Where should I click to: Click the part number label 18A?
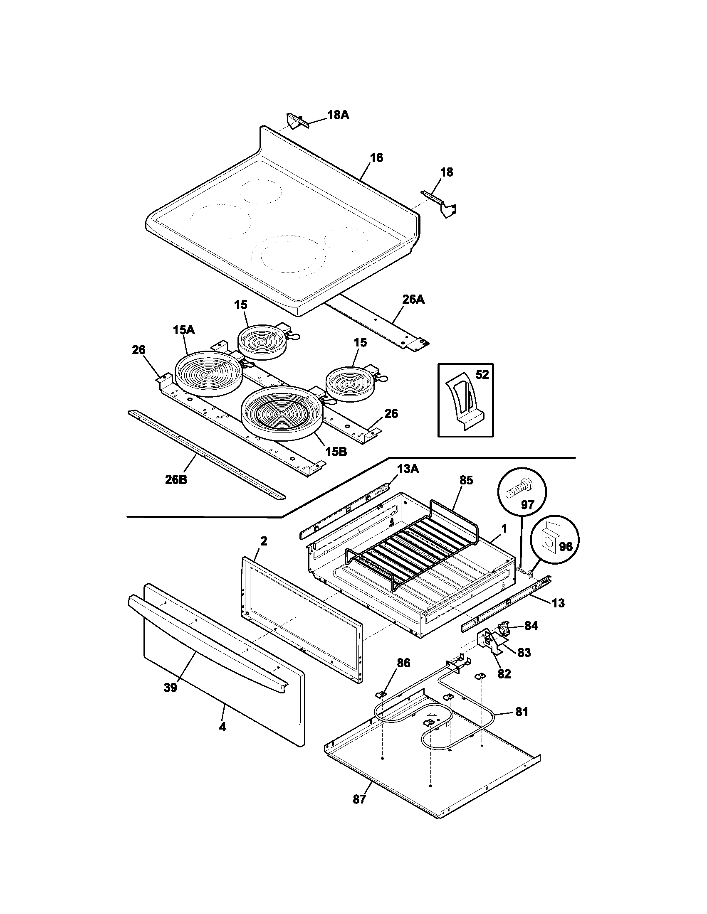(338, 115)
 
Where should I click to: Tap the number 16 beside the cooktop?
(376, 158)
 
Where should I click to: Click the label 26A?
(413, 300)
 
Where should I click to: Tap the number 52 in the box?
(482, 375)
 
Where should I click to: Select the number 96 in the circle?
(565, 547)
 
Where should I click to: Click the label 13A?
(408, 469)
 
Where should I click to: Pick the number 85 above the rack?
(466, 480)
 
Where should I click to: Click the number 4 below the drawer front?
(222, 727)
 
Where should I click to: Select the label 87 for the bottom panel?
(359, 799)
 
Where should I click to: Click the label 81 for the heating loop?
(522, 712)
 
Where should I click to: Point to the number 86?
(403, 663)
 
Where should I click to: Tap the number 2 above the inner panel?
(263, 541)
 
